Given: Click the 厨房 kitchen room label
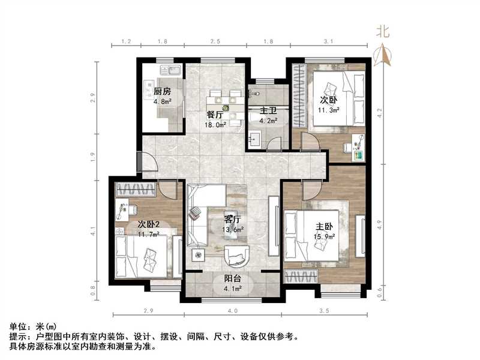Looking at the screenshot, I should [162, 92].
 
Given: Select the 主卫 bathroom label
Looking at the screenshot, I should [268, 111].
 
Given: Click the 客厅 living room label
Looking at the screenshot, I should [233, 219].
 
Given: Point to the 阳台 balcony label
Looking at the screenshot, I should [233, 278].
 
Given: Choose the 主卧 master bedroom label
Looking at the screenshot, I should [325, 227].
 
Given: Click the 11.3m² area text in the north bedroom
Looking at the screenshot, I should [329, 110].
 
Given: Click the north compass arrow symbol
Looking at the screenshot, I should [383, 55].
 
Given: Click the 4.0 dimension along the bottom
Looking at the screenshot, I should [233, 311].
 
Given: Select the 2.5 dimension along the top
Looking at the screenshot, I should [215, 41].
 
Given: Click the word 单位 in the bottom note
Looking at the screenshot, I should [17, 326].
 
